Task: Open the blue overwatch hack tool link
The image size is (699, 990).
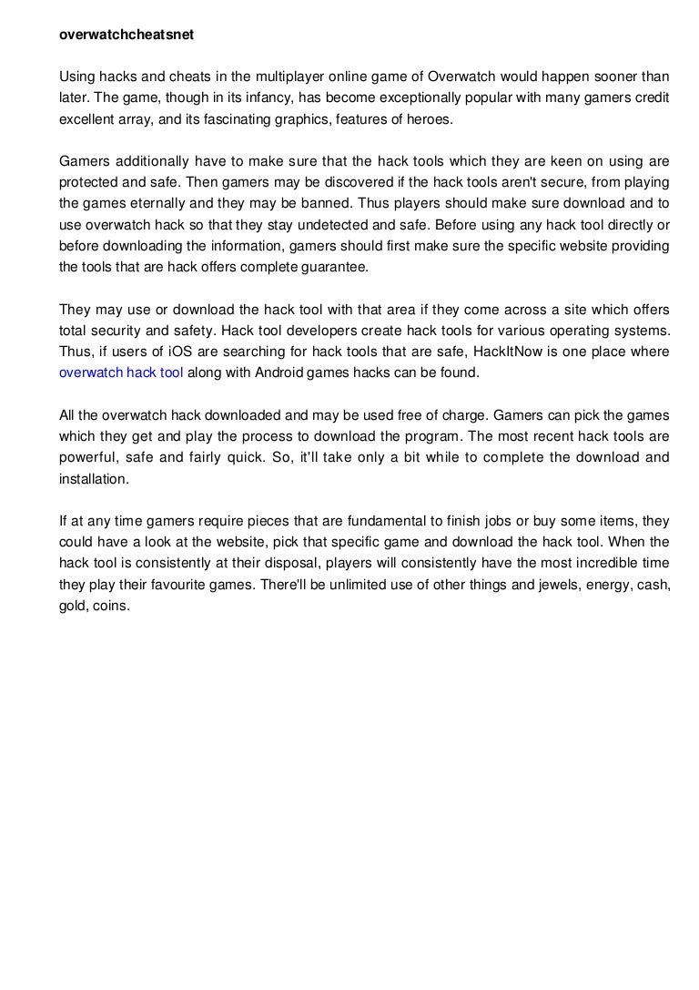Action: click(121, 372)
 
